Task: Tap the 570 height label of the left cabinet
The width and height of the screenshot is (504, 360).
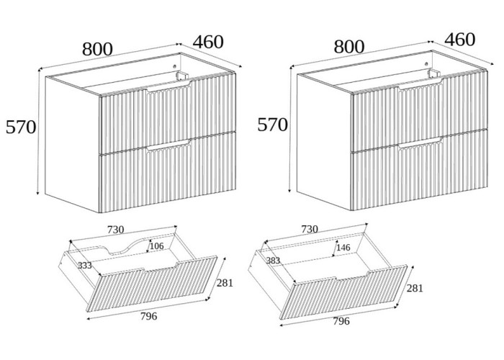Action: [20, 127]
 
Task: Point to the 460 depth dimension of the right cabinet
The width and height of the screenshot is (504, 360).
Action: [460, 39]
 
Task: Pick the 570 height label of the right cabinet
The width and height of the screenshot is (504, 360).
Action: [272, 125]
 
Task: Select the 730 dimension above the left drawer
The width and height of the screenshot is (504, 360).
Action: [116, 230]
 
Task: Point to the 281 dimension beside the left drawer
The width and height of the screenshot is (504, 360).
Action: [225, 283]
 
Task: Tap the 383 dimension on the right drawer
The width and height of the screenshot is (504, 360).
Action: [273, 260]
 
